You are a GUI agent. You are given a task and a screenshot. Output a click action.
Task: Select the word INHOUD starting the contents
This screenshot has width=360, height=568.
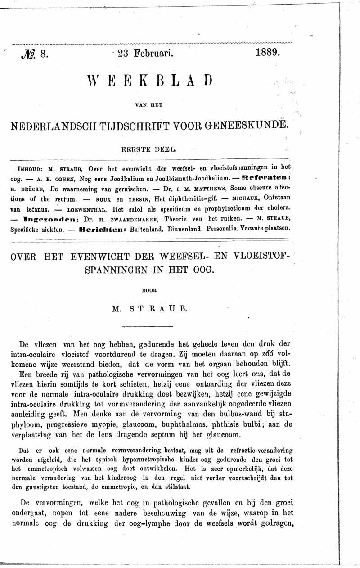click(x=30, y=170)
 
